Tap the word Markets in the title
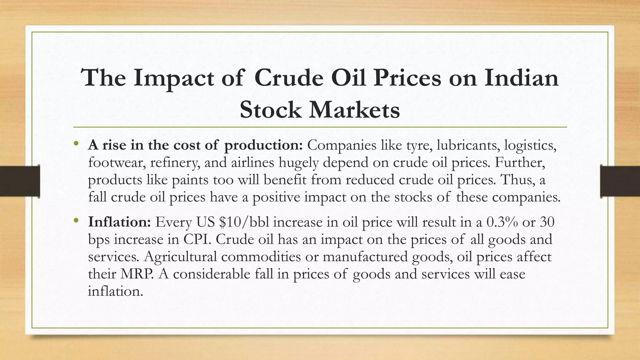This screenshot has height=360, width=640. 354,110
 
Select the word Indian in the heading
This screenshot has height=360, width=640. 521,78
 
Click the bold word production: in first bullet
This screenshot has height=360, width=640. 263,146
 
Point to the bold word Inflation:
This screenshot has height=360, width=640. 120,222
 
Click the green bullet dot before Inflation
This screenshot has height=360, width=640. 76,221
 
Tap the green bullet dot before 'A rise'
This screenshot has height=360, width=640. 76,144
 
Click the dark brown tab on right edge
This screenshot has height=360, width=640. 620,181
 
